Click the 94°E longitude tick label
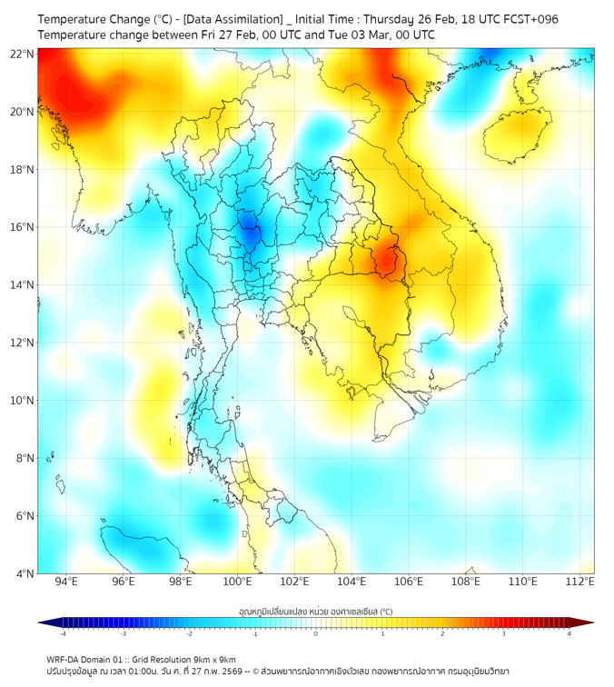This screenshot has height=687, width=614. click(66, 582)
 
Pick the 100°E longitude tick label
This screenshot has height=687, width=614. click(238, 582)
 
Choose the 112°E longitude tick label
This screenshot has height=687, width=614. click(580, 582)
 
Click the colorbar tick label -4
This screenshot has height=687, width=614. click(63, 633)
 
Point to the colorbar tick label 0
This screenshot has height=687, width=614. click(316, 633)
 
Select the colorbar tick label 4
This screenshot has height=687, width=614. click(569, 633)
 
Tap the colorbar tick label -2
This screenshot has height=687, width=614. click(189, 633)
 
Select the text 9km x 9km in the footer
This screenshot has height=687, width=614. click(211, 660)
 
